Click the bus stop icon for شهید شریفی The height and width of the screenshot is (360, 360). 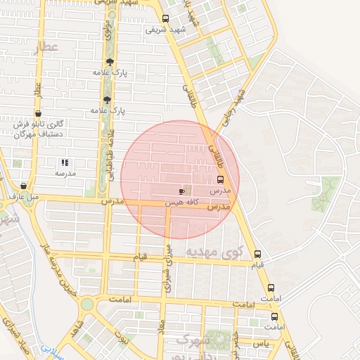point(165,19)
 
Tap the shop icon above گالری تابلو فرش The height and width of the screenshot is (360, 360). point(37,112)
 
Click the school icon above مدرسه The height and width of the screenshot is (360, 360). point(65,162)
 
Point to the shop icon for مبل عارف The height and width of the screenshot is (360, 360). point(23,186)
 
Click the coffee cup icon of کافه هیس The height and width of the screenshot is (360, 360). point(182,191)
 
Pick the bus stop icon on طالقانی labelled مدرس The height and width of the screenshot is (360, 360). point(221,179)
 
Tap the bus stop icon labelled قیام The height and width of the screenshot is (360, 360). point(257,254)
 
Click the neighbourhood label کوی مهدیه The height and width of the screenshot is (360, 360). point(215,251)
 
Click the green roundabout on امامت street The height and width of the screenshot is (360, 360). point(87,304)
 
